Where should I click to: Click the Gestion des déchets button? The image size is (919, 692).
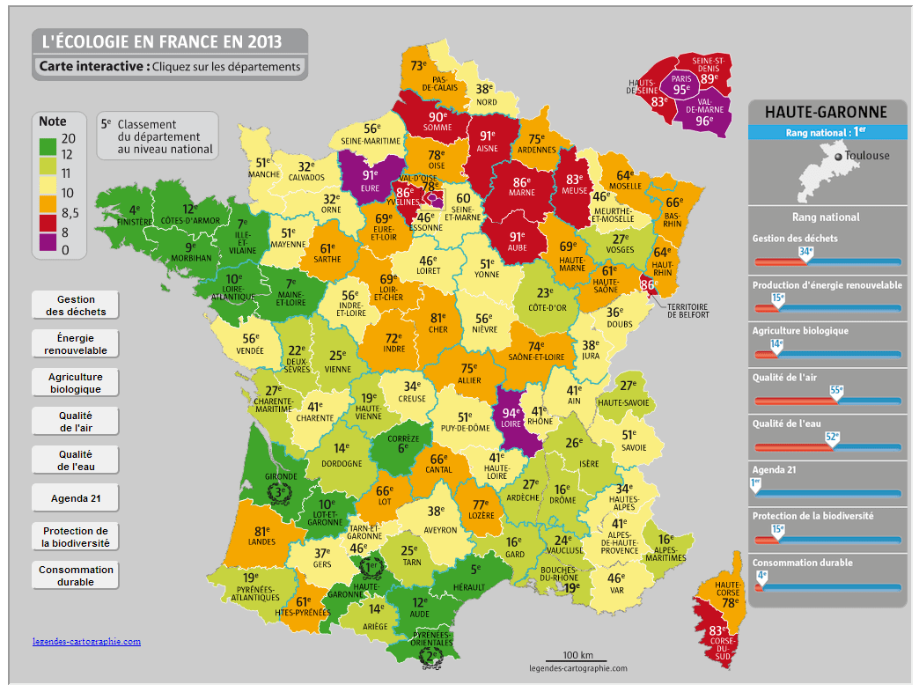(75, 306)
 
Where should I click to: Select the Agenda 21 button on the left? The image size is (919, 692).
(75, 497)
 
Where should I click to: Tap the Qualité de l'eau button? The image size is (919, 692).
(75, 460)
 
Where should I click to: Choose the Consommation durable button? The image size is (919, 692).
(75, 576)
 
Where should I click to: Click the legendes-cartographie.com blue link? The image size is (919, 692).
(86, 642)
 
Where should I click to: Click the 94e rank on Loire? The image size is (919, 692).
(511, 412)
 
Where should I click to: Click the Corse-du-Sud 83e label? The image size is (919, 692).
(717, 631)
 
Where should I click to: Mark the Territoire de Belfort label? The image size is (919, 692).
(687, 311)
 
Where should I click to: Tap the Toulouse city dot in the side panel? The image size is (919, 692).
(838, 157)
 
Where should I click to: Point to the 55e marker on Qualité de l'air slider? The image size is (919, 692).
(836, 390)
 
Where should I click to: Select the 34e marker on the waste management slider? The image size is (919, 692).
(804, 252)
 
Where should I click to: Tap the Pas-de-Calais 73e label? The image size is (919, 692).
(418, 66)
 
